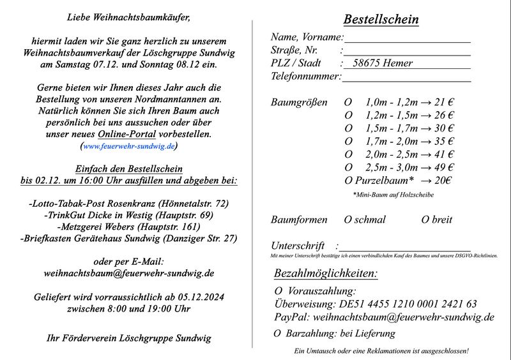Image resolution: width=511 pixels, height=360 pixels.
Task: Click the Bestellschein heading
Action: (x=381, y=19)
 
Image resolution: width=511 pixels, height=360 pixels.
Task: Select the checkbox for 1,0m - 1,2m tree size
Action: (x=348, y=102)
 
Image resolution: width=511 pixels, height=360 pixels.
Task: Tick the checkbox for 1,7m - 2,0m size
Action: (x=348, y=141)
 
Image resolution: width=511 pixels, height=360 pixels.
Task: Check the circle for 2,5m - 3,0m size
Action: (x=348, y=167)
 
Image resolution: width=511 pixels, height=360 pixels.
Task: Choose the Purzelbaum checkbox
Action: (x=348, y=181)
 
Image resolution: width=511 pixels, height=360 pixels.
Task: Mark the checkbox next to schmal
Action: (x=348, y=220)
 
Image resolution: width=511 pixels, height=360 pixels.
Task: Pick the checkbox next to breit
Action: (x=425, y=220)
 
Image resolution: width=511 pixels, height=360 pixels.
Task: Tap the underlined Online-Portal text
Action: (x=124, y=134)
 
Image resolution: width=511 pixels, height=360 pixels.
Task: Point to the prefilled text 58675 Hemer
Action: (x=383, y=63)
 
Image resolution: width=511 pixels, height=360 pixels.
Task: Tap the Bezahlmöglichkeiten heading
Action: (x=325, y=274)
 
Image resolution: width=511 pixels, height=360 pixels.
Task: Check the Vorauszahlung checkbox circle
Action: (x=277, y=291)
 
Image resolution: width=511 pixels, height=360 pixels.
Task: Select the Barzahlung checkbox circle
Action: (x=277, y=334)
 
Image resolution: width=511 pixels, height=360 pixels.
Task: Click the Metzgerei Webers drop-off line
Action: (x=128, y=226)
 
